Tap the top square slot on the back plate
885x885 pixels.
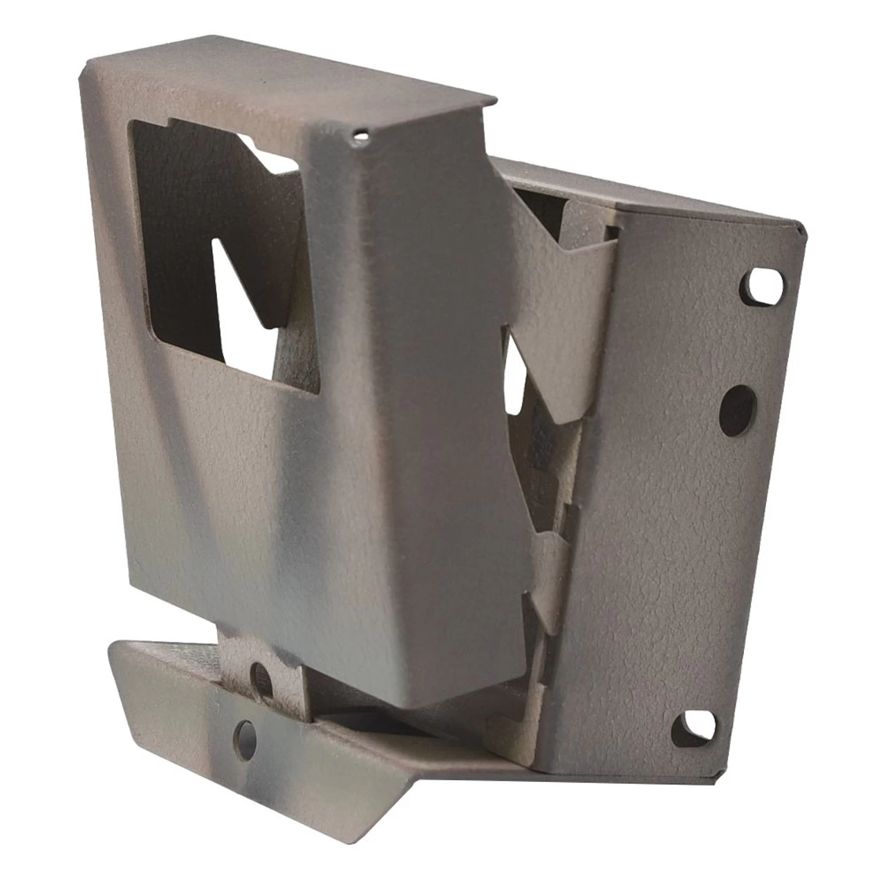[761, 286]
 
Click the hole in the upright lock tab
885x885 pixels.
[261, 674]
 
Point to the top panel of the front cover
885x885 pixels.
[290, 83]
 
